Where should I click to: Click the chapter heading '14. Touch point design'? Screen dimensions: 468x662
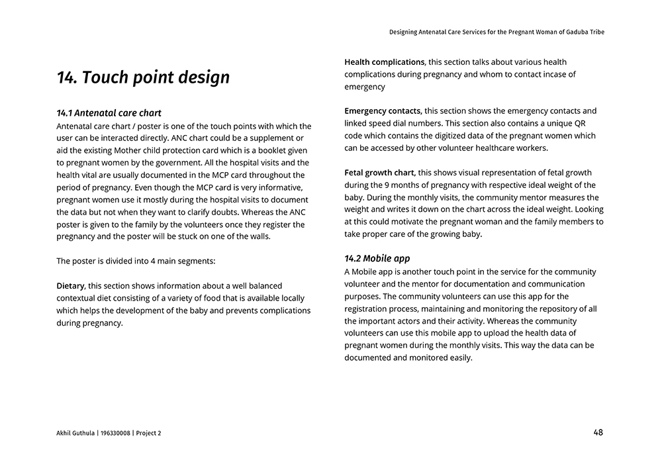(x=143, y=77)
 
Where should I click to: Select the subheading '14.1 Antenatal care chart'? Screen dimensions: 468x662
(x=109, y=113)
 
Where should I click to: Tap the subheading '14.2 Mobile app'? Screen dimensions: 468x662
(x=377, y=258)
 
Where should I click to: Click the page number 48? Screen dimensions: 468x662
(x=598, y=432)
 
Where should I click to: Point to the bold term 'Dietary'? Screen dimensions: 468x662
(x=70, y=286)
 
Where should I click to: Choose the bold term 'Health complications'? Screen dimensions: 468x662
(x=384, y=62)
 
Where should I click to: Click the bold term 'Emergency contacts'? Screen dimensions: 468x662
(x=383, y=111)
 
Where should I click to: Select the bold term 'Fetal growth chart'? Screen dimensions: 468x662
(x=380, y=173)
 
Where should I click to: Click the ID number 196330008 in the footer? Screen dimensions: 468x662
(x=115, y=433)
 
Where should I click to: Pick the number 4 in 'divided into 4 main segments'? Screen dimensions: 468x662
(x=153, y=261)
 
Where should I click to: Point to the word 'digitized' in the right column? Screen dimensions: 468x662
(x=445, y=136)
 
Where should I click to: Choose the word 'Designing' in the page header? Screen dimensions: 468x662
(x=404, y=32)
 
